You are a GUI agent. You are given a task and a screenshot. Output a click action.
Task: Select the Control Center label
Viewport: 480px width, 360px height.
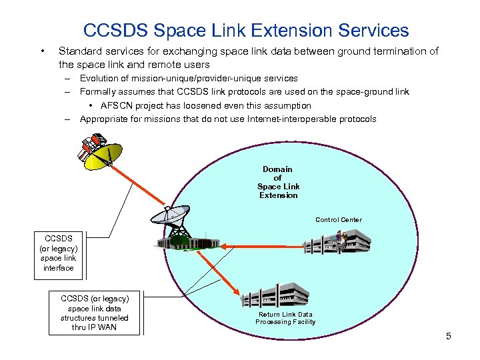click(x=339, y=219)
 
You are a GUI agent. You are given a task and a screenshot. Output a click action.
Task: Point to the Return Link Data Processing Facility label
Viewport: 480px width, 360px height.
click(x=285, y=318)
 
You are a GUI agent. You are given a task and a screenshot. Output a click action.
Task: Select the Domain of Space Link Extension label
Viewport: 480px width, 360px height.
click(x=278, y=182)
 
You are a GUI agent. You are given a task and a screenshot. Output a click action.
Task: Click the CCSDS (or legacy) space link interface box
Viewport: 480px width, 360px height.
click(x=59, y=253)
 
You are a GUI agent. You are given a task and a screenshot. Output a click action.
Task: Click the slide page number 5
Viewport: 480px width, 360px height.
click(x=449, y=336)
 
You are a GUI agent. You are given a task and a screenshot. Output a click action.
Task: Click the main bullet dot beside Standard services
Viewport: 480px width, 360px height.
click(x=42, y=51)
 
